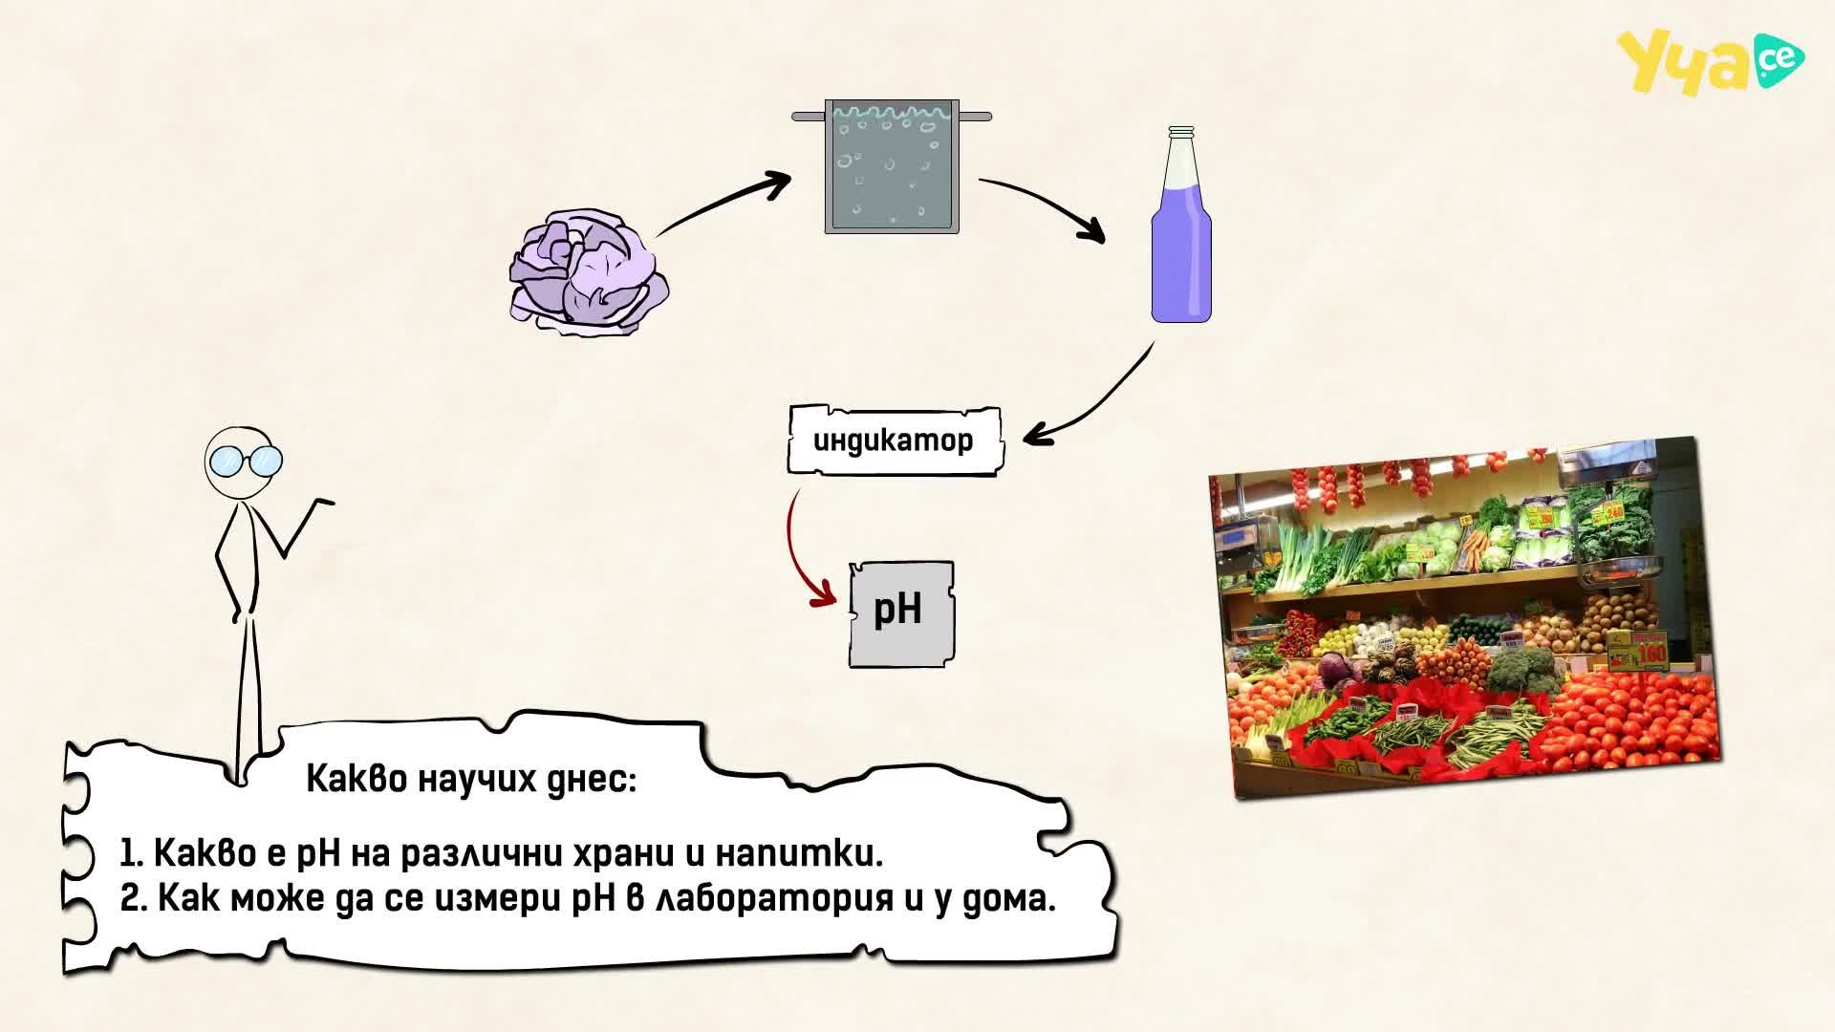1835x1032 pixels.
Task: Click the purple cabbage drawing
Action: point(588,272)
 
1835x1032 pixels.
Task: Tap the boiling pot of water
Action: point(892,166)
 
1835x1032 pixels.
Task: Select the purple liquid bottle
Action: point(1181,225)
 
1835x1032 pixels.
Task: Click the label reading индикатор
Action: point(894,441)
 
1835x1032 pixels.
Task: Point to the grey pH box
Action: point(901,613)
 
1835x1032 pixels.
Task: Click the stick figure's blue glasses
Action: point(245,462)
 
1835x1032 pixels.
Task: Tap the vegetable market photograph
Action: point(1465,618)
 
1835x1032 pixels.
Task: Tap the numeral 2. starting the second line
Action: point(135,899)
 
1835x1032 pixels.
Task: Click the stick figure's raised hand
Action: point(321,503)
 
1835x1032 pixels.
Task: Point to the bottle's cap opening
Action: point(1182,130)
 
